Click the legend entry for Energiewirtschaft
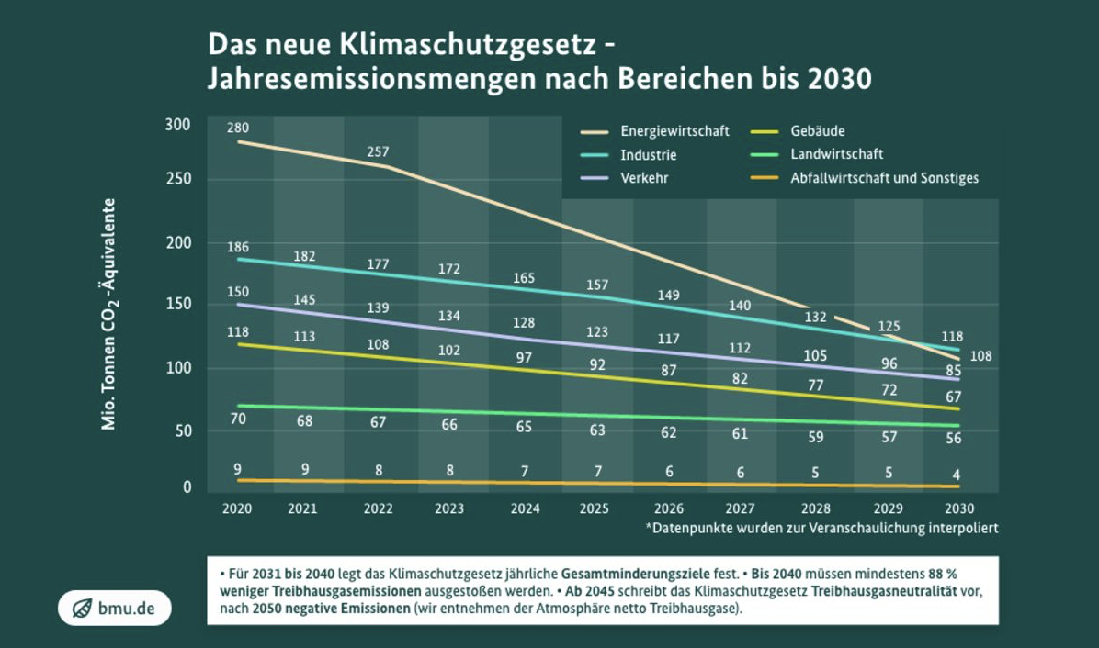pyautogui.click(x=674, y=131)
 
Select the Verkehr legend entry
pyautogui.click(x=644, y=178)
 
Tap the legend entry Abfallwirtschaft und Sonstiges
pyautogui.click(x=884, y=178)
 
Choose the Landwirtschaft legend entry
pyautogui.click(x=836, y=154)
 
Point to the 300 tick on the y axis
pyautogui.click(x=177, y=125)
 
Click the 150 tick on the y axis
pyautogui.click(x=177, y=305)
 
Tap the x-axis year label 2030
pyautogui.click(x=958, y=508)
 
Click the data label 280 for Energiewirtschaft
pyautogui.click(x=238, y=128)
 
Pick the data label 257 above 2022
pyautogui.click(x=378, y=151)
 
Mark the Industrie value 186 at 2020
pyautogui.click(x=238, y=247)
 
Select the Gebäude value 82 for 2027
pyautogui.click(x=741, y=378)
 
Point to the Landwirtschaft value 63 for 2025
pyautogui.click(x=597, y=429)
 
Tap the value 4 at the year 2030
pyautogui.click(x=957, y=475)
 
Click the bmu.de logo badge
pyautogui.click(x=114, y=608)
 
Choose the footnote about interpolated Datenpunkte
pyautogui.click(x=821, y=528)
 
